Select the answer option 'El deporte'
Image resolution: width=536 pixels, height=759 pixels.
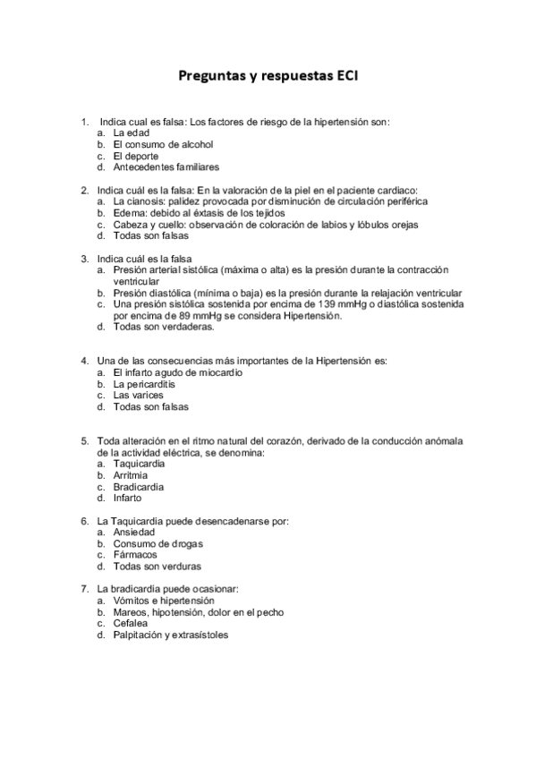pos(135,155)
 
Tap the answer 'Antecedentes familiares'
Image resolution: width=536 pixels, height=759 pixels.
pos(166,166)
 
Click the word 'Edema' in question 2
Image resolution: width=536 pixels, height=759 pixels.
pos(128,213)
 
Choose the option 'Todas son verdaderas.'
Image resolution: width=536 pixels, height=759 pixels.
pos(164,327)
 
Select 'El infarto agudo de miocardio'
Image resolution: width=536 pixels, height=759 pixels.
pos(177,372)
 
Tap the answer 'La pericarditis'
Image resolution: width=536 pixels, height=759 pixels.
pos(144,384)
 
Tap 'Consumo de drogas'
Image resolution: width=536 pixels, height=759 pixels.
pos(157,543)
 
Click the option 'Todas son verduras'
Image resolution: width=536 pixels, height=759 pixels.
pos(157,566)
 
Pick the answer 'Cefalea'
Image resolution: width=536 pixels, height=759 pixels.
pos(132,623)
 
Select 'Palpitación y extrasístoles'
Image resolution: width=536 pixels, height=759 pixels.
pos(170,635)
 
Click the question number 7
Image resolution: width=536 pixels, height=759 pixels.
pos(84,589)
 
